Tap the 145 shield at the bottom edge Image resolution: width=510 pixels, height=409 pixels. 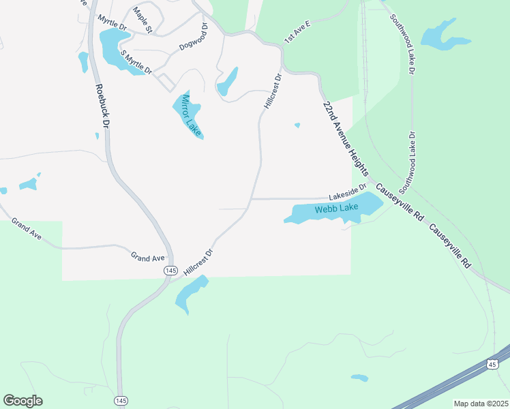pos(122,399)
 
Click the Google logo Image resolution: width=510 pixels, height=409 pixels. pos(22,400)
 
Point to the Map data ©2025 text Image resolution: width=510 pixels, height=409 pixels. pos(481,404)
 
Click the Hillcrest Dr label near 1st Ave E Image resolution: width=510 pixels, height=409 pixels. pos(271,91)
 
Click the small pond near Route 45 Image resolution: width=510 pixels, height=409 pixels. pos(359,378)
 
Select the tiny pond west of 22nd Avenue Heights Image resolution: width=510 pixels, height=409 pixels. pos(297,125)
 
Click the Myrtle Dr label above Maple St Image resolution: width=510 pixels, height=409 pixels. pos(113,25)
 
